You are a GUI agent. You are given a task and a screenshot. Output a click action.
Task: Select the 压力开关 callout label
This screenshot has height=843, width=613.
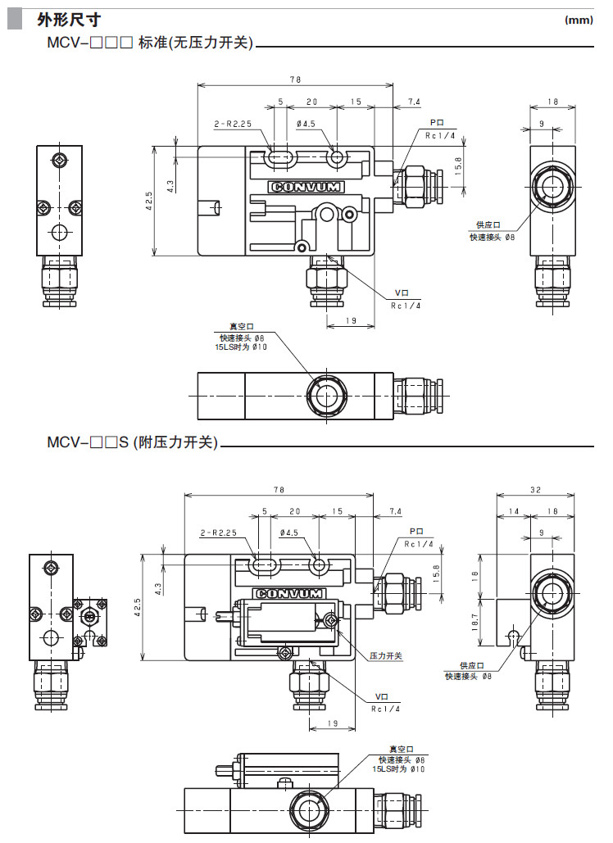pyautogui.click(x=386, y=656)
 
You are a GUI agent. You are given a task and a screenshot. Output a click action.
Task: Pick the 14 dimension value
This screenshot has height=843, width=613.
pyautogui.click(x=514, y=511)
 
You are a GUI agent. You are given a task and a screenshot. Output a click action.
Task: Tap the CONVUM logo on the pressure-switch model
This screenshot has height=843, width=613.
pyautogui.click(x=289, y=593)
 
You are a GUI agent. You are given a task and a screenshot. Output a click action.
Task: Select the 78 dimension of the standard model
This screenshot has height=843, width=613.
pyautogui.click(x=296, y=79)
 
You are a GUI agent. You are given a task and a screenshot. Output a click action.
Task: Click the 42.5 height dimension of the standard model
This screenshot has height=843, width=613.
pyautogui.click(x=148, y=202)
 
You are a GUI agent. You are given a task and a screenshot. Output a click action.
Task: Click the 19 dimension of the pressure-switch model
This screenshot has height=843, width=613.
pyautogui.click(x=332, y=723)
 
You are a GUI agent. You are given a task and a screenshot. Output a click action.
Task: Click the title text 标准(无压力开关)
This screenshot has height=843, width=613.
pyautogui.click(x=196, y=43)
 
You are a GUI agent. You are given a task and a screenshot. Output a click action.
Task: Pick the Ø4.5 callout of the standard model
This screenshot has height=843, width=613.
pyautogui.click(x=306, y=125)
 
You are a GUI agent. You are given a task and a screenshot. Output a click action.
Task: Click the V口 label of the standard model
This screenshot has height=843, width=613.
pyautogui.click(x=402, y=292)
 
